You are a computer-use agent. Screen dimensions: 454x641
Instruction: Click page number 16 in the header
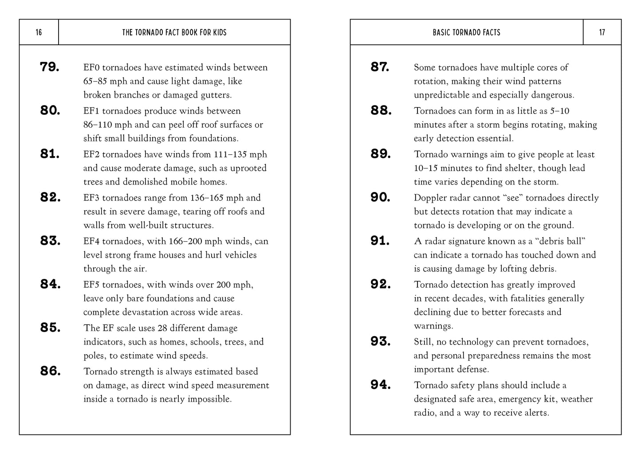[39, 32]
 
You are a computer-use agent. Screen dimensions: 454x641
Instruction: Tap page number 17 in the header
[602, 32]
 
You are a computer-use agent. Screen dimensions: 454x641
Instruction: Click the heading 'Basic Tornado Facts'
[466, 32]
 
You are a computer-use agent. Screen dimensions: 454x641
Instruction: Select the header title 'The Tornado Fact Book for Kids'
[174, 32]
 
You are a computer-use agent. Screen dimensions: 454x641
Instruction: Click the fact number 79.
[50, 67]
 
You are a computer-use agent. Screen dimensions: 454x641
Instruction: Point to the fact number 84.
[50, 284]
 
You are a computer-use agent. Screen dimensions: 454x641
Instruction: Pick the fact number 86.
[50, 371]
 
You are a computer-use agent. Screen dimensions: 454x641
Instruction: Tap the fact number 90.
[381, 197]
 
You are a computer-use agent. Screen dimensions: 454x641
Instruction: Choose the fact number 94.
[381, 385]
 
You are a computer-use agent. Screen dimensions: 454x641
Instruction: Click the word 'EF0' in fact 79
[91, 67]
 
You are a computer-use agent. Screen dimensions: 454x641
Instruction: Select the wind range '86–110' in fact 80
[98, 125]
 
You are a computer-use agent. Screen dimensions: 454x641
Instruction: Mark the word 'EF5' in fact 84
[91, 285]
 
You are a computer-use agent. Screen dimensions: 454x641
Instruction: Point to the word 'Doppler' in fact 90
[429, 198]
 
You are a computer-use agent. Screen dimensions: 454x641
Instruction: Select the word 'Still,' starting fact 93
[424, 342]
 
